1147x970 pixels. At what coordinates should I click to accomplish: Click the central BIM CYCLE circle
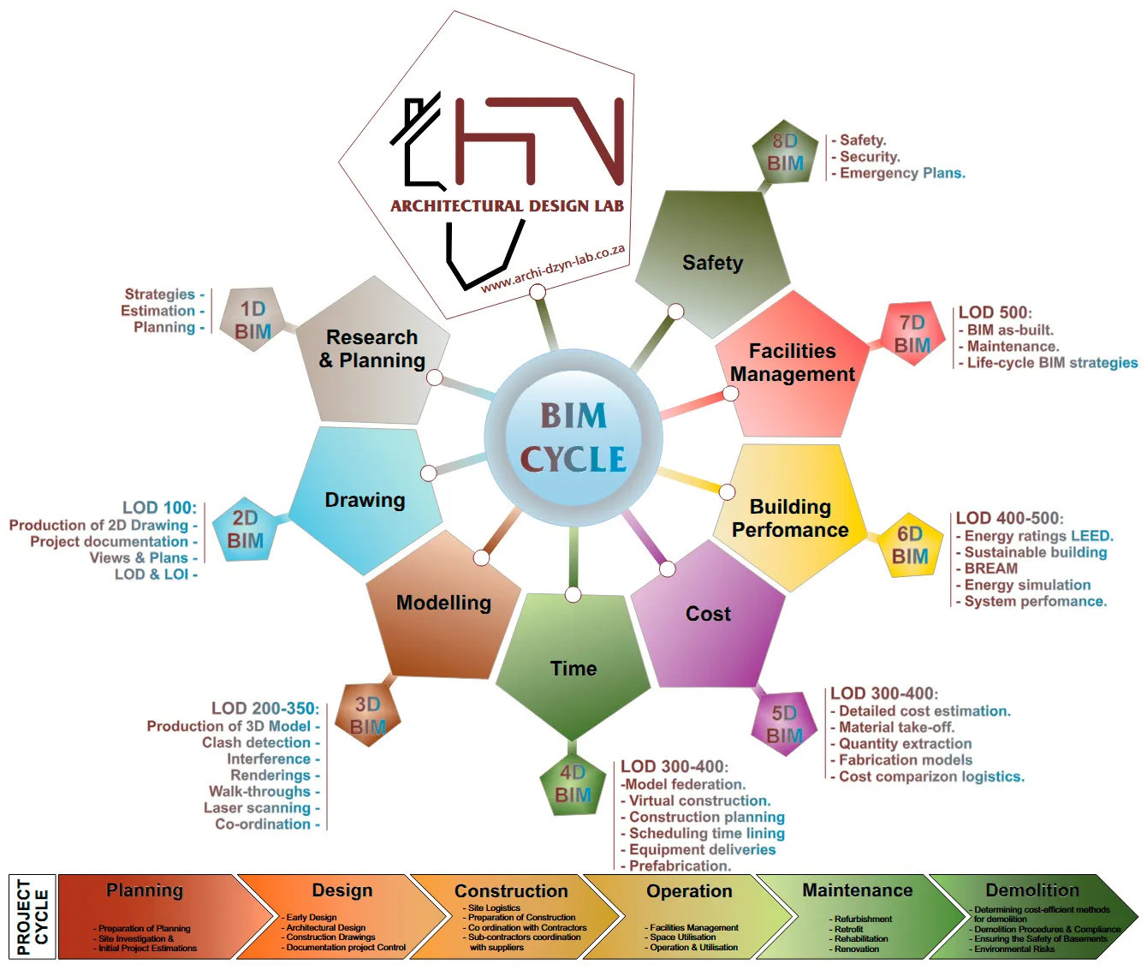coord(573,437)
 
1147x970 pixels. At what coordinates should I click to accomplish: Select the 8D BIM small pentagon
coord(785,152)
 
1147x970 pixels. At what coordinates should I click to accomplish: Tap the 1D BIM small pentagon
coord(253,320)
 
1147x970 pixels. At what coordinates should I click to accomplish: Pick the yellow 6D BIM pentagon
coord(909,545)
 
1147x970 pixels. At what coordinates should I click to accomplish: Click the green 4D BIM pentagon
coord(573,784)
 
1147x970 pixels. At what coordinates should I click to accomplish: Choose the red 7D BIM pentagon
coord(912,334)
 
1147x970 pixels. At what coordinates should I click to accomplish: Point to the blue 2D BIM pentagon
coord(245,529)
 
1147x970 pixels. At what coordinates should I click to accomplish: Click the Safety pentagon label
coord(712,263)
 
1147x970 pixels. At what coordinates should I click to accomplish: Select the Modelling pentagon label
coord(443,603)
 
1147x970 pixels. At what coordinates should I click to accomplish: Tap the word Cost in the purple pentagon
coord(708,614)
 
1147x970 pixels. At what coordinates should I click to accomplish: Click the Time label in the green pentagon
coord(573,669)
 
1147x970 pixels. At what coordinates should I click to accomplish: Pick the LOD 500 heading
coord(995,312)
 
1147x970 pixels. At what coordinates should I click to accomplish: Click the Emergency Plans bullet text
coord(901,173)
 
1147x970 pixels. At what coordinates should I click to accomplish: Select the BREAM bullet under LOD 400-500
coord(990,568)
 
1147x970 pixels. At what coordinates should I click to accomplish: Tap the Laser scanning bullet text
coord(258,807)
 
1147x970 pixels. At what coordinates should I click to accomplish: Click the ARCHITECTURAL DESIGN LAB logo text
coord(507,206)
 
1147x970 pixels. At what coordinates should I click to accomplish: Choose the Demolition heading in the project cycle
coord(1031,890)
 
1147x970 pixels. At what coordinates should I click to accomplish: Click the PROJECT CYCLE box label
coord(33,916)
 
